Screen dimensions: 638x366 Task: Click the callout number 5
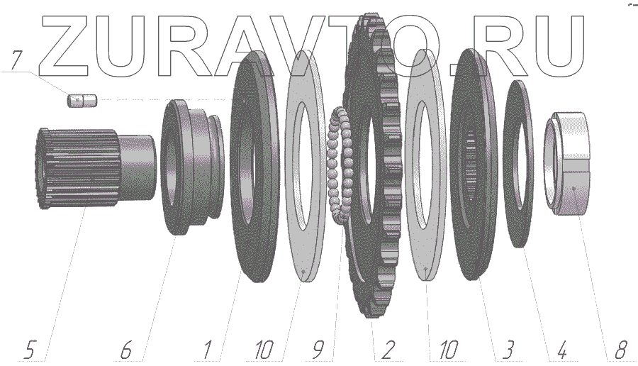coord(29,350)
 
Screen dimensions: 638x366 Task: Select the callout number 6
coord(126,350)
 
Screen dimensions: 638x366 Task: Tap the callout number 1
coord(208,350)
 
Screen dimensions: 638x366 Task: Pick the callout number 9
coord(318,350)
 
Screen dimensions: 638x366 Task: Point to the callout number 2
coord(387,350)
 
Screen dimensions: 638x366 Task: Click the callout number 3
coord(508,350)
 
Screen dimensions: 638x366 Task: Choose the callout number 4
coord(561,350)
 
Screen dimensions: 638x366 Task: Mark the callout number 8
coord(620,350)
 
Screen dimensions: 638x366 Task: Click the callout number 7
coord(16,60)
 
